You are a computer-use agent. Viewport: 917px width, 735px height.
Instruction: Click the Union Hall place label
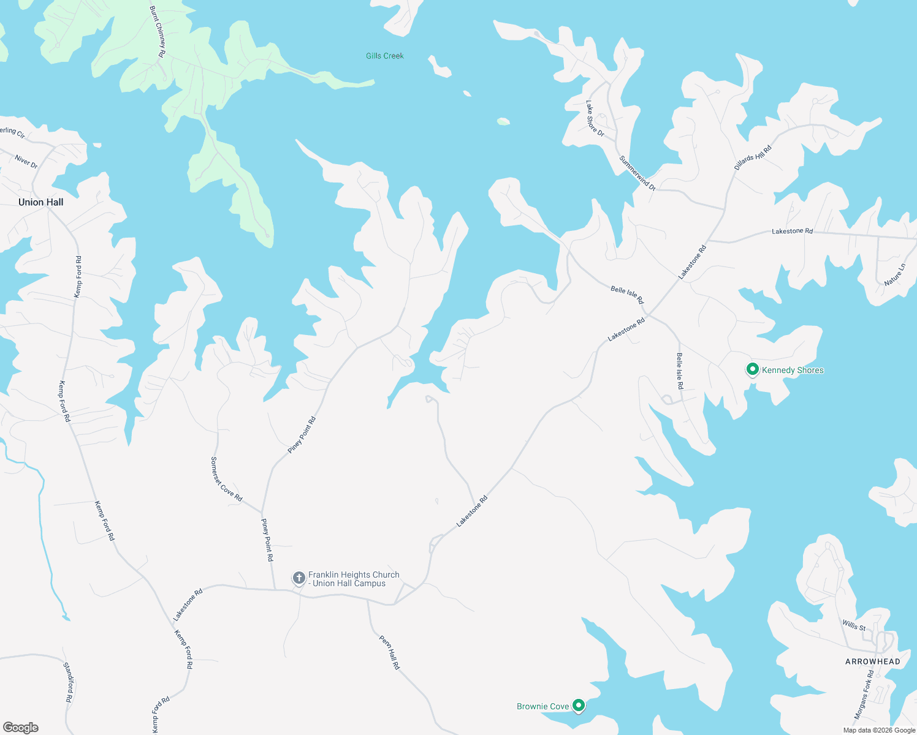[x=40, y=202]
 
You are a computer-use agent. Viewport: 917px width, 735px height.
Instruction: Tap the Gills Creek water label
[x=385, y=56]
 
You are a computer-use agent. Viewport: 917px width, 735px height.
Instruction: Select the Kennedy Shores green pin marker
[x=752, y=369]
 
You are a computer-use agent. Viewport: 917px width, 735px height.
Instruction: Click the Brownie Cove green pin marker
[x=578, y=706]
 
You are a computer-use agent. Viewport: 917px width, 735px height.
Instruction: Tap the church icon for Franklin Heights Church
[x=299, y=578]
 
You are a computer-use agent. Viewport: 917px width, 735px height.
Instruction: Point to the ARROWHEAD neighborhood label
[x=872, y=661]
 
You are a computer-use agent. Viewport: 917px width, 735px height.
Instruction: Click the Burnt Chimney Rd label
[x=158, y=32]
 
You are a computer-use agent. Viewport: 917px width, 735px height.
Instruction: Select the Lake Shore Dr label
[x=595, y=119]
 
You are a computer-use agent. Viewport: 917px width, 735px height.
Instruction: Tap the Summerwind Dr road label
[x=637, y=173]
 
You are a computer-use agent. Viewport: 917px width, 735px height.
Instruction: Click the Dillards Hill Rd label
[x=753, y=157]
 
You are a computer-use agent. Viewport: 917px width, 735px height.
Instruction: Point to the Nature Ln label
[x=895, y=274]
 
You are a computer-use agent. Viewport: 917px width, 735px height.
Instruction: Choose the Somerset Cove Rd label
[x=226, y=479]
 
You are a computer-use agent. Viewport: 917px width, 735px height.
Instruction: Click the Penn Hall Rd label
[x=389, y=652]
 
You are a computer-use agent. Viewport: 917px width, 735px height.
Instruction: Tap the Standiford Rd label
[x=69, y=682]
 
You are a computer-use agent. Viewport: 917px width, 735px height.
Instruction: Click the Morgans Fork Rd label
[x=864, y=694]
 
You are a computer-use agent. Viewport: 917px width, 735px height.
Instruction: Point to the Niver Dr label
[x=26, y=162]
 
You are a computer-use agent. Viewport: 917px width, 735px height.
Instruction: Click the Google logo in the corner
[x=21, y=728]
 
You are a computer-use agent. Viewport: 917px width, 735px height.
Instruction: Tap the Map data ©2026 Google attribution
[x=879, y=730]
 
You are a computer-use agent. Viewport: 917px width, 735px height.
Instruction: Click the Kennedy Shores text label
[x=793, y=370]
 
